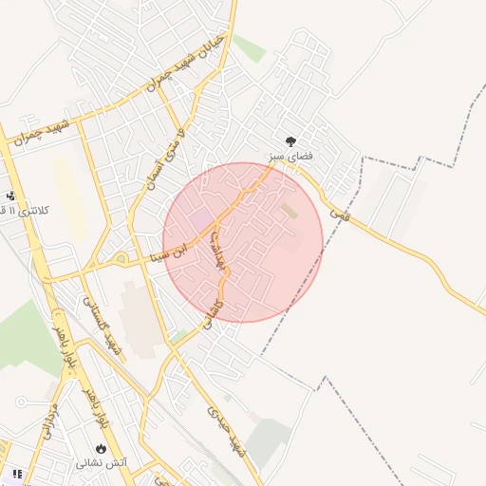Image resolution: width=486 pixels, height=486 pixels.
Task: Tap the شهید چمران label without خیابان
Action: (38, 134)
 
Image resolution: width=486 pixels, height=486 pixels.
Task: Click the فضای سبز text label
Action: (290, 154)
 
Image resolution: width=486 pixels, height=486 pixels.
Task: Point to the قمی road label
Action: (340, 215)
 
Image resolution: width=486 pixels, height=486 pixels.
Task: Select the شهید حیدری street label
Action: (226, 433)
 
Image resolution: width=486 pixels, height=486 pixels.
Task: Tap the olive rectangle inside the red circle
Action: (290, 212)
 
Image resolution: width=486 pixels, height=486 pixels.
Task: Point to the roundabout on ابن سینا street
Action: (121, 257)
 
